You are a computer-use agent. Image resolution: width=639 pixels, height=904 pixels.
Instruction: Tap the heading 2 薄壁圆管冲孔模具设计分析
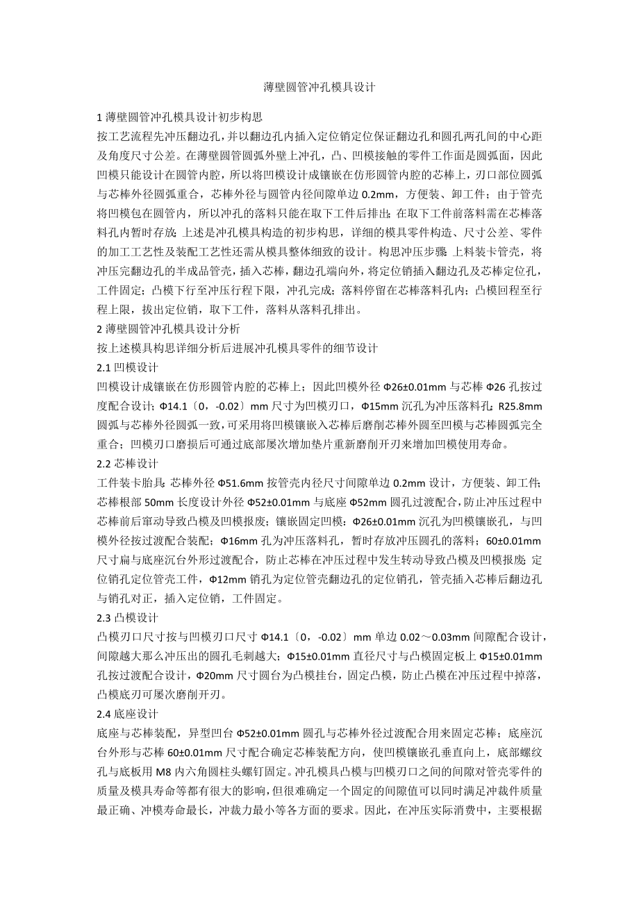(170, 329)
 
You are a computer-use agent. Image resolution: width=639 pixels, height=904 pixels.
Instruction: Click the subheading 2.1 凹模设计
(128, 366)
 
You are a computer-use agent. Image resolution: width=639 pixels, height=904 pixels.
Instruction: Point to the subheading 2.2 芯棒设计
(128, 462)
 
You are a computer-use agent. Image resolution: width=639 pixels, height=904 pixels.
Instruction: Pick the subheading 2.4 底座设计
(128, 713)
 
